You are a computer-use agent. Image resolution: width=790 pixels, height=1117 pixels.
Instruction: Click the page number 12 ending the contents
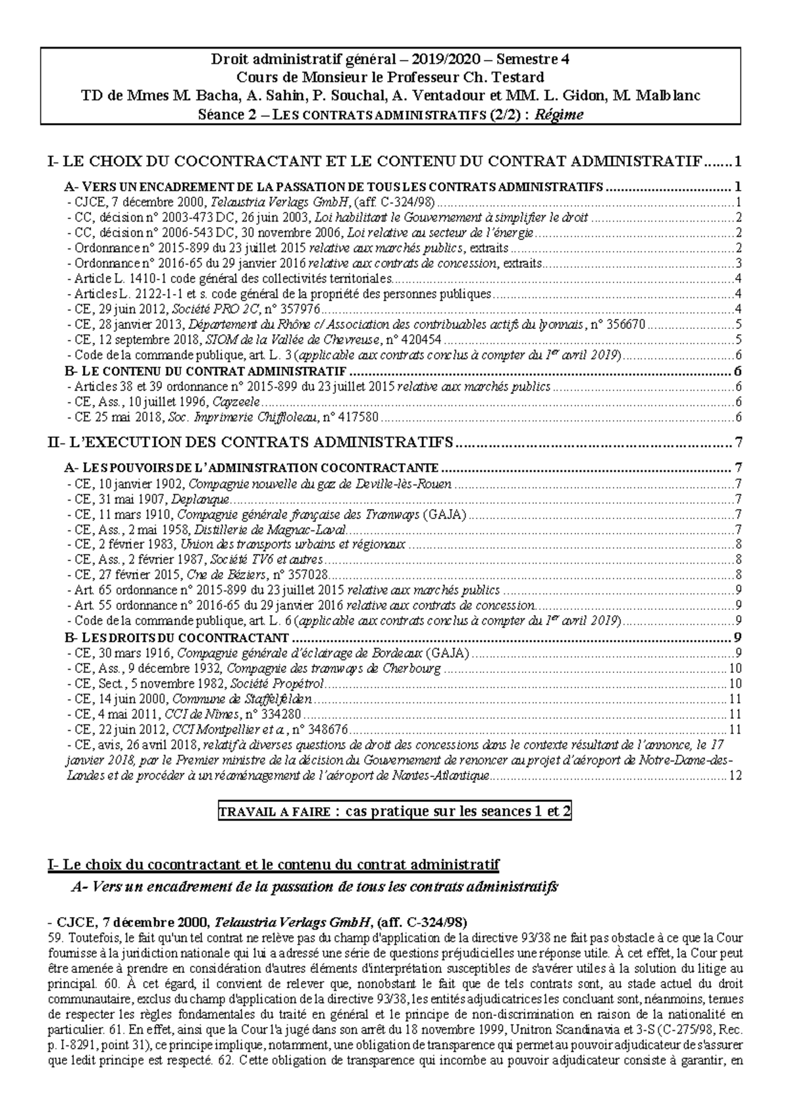click(x=735, y=776)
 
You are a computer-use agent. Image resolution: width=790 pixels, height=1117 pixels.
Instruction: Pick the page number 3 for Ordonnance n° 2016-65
click(x=739, y=263)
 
